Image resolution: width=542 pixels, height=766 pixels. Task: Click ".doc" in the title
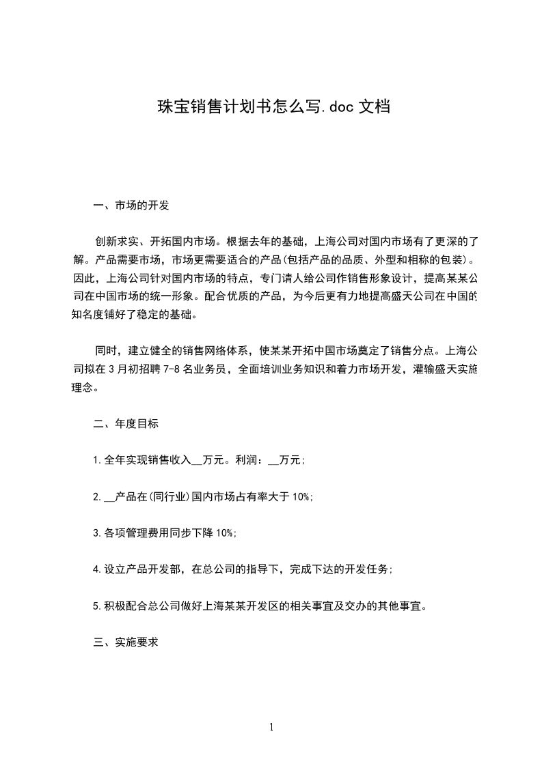click(x=340, y=107)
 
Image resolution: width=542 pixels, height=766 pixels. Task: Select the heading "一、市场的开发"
click(x=131, y=205)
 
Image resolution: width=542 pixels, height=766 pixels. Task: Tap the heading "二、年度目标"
click(x=126, y=424)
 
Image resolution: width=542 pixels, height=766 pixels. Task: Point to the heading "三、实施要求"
click(x=126, y=642)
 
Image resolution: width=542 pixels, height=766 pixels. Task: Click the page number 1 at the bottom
click(x=271, y=727)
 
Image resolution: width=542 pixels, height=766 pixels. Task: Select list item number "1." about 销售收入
click(x=98, y=461)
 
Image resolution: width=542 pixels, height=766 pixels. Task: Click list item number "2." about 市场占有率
click(x=98, y=497)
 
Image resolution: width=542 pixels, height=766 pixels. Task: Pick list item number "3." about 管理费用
click(x=98, y=533)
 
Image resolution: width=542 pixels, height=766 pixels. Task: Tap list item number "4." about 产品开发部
click(x=98, y=569)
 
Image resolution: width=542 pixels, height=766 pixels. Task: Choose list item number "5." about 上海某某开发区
click(x=98, y=606)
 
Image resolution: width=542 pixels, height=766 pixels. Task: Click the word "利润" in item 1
click(x=245, y=461)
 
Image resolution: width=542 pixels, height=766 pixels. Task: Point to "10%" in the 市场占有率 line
click(x=302, y=497)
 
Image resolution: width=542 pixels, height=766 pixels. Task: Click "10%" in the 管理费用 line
click(x=226, y=533)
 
